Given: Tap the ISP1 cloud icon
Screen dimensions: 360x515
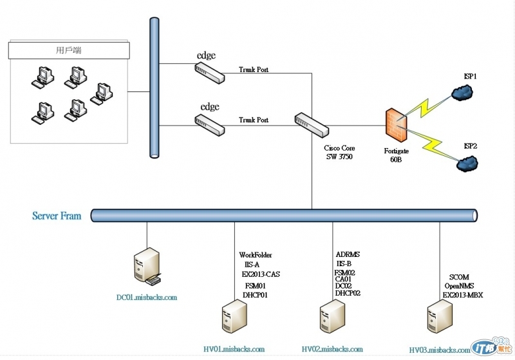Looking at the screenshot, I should pyautogui.click(x=460, y=93).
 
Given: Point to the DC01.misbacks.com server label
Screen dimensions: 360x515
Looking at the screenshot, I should pyautogui.click(x=146, y=298).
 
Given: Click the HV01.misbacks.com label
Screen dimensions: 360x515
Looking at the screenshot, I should pyautogui.click(x=234, y=349).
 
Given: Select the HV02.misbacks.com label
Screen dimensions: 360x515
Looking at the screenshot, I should pyautogui.click(x=332, y=349).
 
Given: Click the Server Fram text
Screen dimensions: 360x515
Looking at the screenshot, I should pyautogui.click(x=57, y=216).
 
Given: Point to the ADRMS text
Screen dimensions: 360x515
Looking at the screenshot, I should pyautogui.click(x=348, y=254).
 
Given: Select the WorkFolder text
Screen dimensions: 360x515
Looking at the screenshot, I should pyautogui.click(x=256, y=255).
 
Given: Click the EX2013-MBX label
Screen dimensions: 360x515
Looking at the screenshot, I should pyautogui.click(x=463, y=295).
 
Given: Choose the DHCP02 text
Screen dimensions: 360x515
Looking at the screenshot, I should pyautogui.click(x=348, y=293).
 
